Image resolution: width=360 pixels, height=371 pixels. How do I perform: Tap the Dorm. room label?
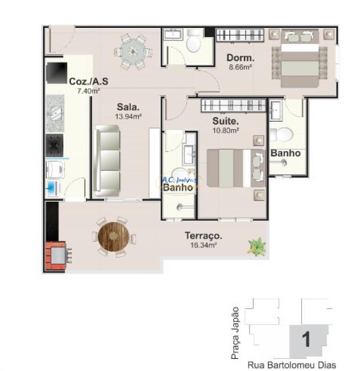click(240, 58)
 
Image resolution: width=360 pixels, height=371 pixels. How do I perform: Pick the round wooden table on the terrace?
click(113, 237)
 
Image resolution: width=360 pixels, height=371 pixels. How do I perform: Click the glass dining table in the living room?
click(133, 52)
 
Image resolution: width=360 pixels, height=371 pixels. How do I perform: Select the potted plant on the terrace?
click(257, 247)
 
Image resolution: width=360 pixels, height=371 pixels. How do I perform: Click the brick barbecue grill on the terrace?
click(55, 256)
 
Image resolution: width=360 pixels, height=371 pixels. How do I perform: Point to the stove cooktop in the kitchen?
click(55, 145)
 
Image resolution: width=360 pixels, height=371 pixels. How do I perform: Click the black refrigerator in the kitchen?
click(56, 73)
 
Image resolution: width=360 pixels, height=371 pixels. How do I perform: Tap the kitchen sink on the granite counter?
click(55, 113)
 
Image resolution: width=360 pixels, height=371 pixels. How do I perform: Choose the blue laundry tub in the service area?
click(51, 188)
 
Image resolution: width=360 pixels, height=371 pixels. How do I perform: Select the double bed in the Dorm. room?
click(300, 58)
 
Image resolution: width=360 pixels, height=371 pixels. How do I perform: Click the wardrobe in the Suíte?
click(233, 105)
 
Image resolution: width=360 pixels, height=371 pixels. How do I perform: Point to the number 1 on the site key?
click(306, 339)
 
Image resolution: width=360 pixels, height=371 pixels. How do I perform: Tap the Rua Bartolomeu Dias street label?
click(291, 365)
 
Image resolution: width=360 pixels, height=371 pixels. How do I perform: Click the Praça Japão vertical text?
click(235, 333)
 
